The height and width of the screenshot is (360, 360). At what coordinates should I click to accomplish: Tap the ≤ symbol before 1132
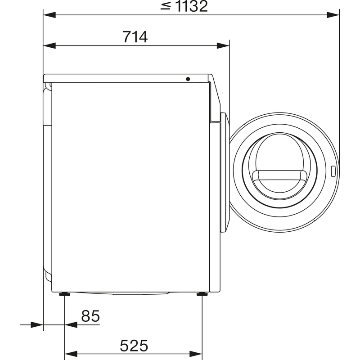(x=166, y=6)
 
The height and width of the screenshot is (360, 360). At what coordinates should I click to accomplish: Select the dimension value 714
(x=135, y=37)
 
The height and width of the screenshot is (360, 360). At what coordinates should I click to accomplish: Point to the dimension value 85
(x=90, y=316)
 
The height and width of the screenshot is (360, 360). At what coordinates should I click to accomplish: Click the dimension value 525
(x=134, y=346)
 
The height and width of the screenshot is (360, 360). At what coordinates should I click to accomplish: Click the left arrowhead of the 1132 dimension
(x=49, y=15)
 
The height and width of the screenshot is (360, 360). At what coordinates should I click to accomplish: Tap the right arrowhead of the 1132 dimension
(x=333, y=15)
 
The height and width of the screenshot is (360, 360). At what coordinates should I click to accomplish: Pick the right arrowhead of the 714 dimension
(x=223, y=46)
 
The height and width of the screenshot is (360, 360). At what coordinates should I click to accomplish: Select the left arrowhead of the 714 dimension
(x=49, y=46)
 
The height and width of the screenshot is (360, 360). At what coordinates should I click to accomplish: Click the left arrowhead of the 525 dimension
(x=71, y=354)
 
